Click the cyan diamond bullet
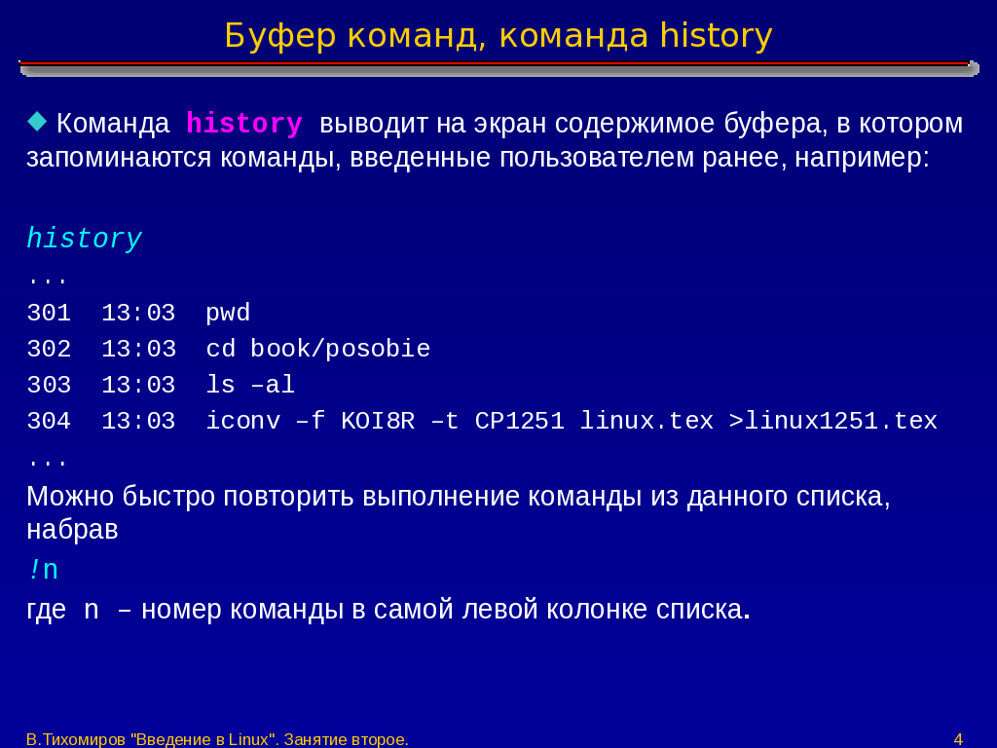(x=38, y=122)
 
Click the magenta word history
(x=244, y=124)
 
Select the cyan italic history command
(x=84, y=240)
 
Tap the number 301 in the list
(x=49, y=313)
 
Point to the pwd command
(x=228, y=314)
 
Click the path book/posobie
(x=340, y=350)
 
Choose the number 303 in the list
(x=49, y=386)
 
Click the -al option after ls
(x=273, y=386)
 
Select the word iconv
(x=242, y=421)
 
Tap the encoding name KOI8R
(x=378, y=421)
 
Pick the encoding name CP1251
(x=520, y=421)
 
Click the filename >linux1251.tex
(x=833, y=421)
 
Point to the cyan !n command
(x=43, y=570)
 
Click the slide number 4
(x=958, y=739)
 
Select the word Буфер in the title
(x=279, y=36)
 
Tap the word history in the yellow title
(x=716, y=37)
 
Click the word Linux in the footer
(x=248, y=739)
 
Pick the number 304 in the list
(x=49, y=421)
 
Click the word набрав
(x=72, y=530)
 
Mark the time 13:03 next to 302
(x=138, y=350)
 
